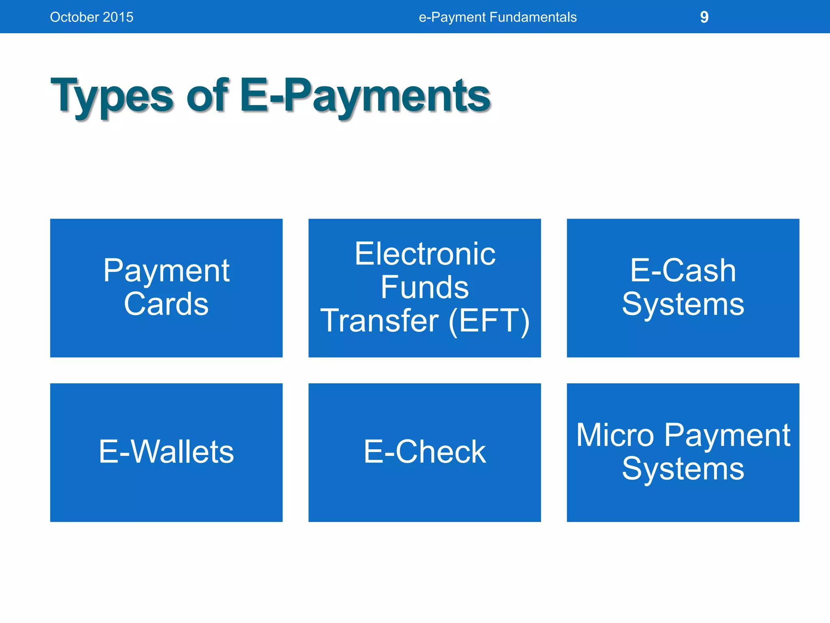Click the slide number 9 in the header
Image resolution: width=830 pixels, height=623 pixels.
pos(704,17)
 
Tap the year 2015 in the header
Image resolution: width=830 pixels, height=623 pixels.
pos(118,17)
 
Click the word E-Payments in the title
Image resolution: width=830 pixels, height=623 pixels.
pos(365,97)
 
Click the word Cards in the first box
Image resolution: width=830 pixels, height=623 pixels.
pos(166,304)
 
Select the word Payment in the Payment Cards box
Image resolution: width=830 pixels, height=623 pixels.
pos(166,271)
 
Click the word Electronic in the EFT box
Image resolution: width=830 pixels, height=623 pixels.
pos(425,254)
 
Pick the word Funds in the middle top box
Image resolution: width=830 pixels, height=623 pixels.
pos(425,287)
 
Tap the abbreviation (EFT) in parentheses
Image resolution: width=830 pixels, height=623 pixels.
pos(489,321)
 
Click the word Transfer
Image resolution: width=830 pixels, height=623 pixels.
pos(380,321)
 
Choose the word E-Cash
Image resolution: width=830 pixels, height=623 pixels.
pos(683,271)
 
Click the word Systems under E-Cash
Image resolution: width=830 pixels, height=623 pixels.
pos(683,304)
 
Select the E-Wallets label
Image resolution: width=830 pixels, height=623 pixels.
pos(166,452)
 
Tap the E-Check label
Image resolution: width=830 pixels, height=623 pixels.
pos(425,452)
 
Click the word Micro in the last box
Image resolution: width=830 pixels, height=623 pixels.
pos(615,435)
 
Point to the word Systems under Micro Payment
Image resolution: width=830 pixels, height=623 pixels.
pos(683,469)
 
